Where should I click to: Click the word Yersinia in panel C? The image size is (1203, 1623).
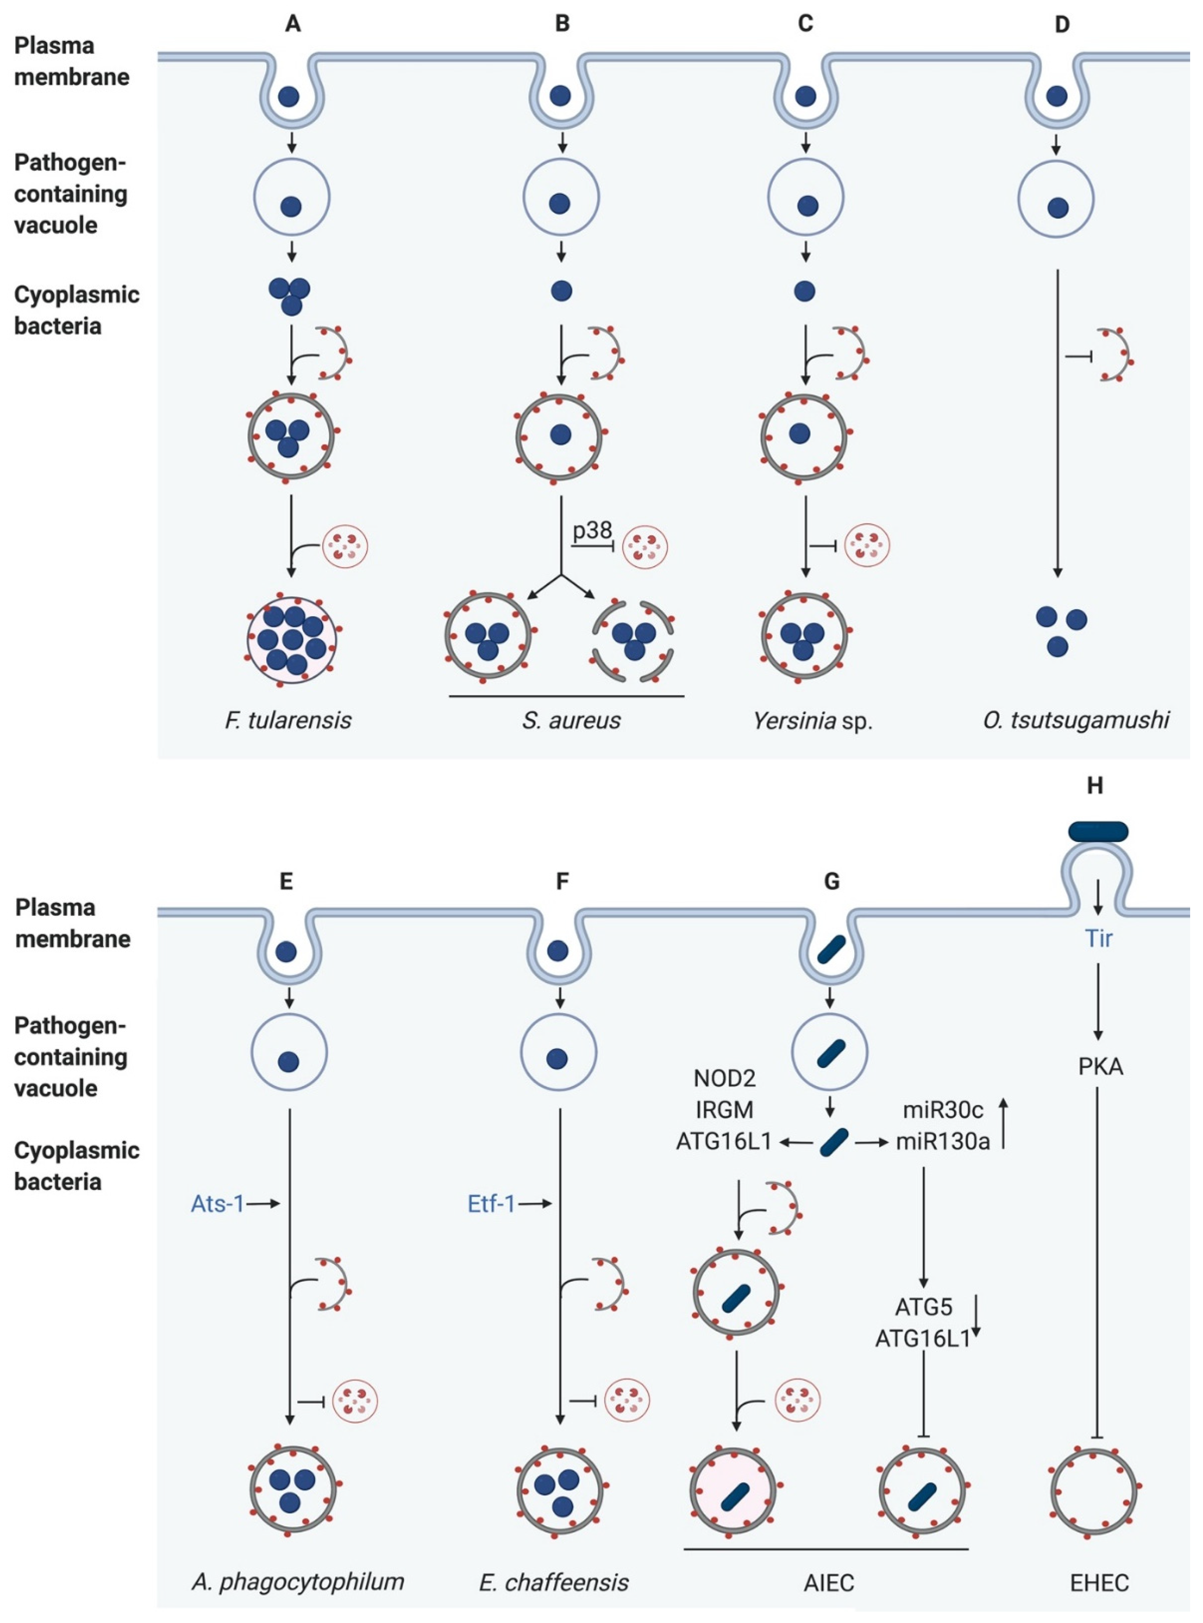(794, 721)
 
